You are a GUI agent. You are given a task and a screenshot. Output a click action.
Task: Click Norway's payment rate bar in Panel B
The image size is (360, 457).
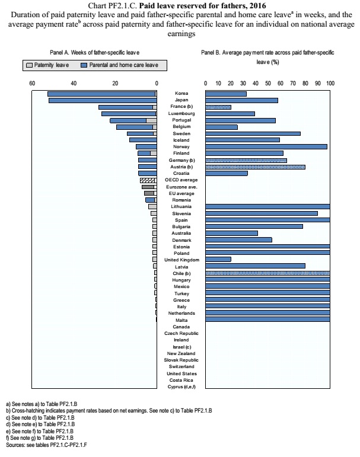click(x=266, y=146)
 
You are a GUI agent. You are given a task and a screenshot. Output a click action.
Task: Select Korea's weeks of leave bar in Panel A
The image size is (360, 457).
click(x=102, y=94)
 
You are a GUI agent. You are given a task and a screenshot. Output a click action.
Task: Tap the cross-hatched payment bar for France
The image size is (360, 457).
click(x=218, y=107)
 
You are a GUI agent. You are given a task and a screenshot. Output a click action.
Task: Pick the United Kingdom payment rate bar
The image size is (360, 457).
click(x=218, y=260)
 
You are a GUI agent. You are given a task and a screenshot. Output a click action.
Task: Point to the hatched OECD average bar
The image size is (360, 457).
click(x=148, y=180)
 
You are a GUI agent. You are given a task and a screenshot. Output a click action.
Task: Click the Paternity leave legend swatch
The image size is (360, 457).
click(x=29, y=65)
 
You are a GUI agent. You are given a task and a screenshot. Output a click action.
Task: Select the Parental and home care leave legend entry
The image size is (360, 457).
click(x=120, y=65)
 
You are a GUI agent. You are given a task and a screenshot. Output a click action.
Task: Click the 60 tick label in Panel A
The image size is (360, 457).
click(x=32, y=84)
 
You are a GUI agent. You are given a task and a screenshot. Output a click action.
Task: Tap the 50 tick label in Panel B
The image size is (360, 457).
click(x=268, y=84)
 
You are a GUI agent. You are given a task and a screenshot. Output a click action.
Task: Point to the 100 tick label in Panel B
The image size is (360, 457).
click(x=330, y=84)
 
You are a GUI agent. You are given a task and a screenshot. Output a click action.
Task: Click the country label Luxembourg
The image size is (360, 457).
click(x=181, y=113)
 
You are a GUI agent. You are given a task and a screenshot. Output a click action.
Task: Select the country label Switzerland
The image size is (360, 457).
click(x=181, y=367)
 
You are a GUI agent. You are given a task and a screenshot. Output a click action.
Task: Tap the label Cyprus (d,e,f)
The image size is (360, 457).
click(x=181, y=386)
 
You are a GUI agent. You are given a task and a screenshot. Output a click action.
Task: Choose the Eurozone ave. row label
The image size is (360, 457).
click(x=181, y=187)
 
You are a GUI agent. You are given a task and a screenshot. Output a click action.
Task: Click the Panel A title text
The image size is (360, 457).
click(x=94, y=53)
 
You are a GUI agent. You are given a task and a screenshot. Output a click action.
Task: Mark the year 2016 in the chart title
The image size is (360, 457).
click(x=257, y=5)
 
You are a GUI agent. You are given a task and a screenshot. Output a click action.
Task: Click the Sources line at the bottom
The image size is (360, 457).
click(x=46, y=445)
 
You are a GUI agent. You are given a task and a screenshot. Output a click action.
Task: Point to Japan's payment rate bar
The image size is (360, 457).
click(x=242, y=101)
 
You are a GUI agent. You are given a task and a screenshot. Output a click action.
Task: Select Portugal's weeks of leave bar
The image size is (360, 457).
click(x=133, y=121)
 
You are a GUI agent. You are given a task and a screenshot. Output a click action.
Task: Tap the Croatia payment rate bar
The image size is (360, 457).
click(x=227, y=174)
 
